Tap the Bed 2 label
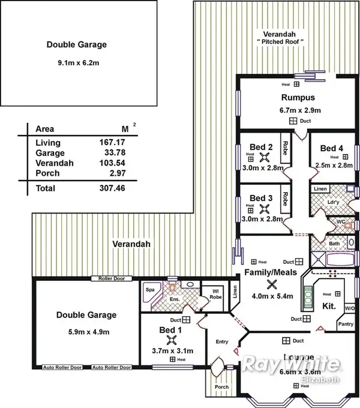[262, 147]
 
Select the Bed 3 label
[262, 197]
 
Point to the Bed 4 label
[332, 148]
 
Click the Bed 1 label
[170, 330]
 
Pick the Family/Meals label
[271, 273]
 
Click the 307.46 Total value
[112, 188]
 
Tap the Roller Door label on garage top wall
[107, 278]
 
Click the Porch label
[221, 386]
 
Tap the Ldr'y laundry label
[334, 202]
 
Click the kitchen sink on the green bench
[310, 295]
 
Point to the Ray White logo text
[291, 364]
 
